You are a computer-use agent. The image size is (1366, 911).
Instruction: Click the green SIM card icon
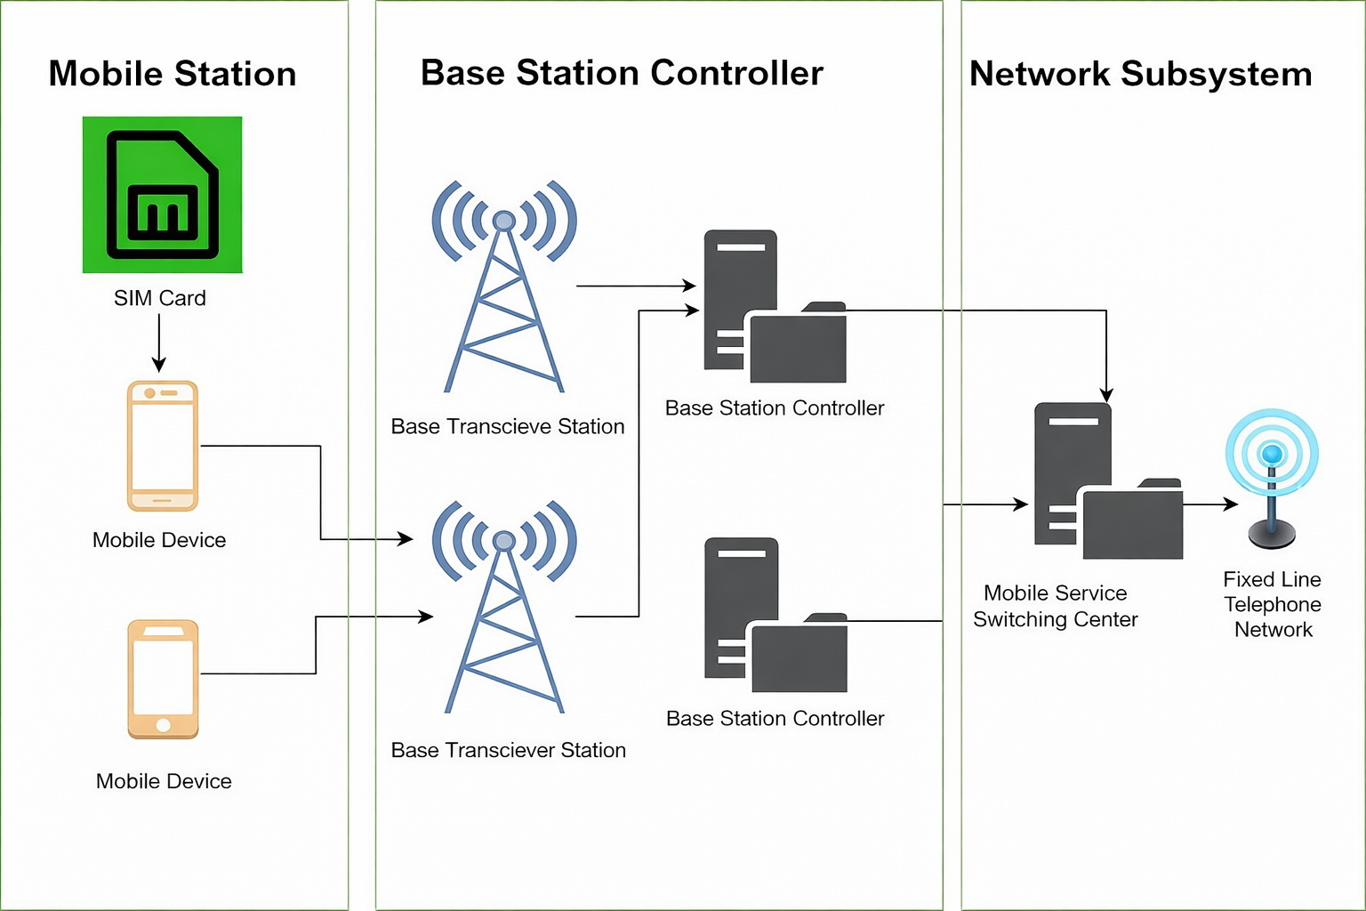[162, 195]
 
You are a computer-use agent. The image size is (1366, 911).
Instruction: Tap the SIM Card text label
[160, 298]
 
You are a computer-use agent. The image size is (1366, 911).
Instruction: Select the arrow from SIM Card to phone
[159, 343]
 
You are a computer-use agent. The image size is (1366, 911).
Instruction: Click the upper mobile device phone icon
[162, 446]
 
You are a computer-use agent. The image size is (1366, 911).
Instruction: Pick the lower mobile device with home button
[163, 679]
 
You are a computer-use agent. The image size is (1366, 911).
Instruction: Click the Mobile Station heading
[173, 74]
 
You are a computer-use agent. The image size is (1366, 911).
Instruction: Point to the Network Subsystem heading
[1141, 74]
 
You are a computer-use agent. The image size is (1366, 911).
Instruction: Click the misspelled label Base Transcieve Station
[508, 426]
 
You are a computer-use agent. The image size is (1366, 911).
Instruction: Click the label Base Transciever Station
[508, 750]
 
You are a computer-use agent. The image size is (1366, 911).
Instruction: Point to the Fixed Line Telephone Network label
[1273, 605]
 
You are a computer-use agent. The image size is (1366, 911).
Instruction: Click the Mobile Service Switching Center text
[1056, 606]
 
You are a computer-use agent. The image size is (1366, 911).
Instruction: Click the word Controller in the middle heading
[736, 73]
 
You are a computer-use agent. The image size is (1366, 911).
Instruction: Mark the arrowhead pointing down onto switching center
[1106, 395]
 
